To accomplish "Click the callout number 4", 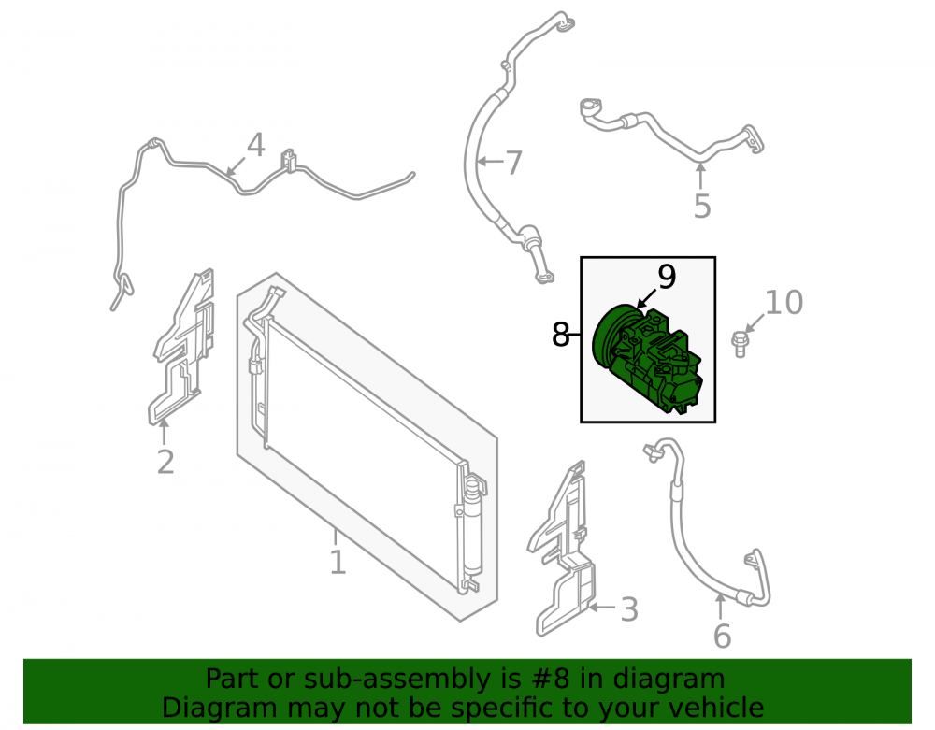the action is [256, 146].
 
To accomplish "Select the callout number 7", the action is [513, 163].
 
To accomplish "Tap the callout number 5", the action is [702, 207].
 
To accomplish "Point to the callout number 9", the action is [667, 277].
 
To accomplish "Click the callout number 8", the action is [560, 335].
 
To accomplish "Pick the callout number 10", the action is [784, 303].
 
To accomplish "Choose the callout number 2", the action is [165, 462].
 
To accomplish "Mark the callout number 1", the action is [338, 562].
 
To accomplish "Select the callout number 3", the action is [629, 609].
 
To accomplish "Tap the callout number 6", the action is [722, 636].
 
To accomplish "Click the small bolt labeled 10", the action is [740, 345].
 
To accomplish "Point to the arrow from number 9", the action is [647, 298].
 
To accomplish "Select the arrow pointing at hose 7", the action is [490, 161].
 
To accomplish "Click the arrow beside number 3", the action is [603, 608].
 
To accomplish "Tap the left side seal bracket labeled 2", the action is [181, 348].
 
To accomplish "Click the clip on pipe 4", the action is [289, 161].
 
